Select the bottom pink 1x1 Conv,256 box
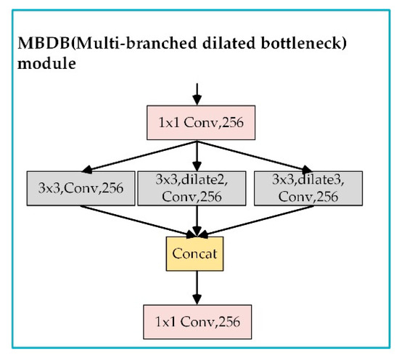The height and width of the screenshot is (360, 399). pos(195,319)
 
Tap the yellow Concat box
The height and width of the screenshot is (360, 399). pos(195,255)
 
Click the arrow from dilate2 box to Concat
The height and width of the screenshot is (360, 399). pos(195,221)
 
